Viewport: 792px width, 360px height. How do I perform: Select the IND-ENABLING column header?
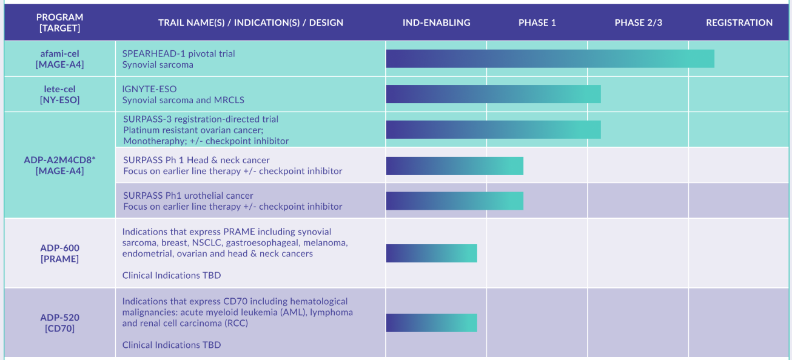point(436,22)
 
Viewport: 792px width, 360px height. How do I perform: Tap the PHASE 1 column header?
point(537,22)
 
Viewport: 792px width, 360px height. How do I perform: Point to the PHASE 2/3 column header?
point(638,22)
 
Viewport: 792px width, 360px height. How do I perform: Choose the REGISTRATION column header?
point(739,22)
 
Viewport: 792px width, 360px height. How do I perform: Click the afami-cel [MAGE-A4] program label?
point(59,59)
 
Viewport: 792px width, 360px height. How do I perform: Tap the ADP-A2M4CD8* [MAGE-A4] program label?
point(59,165)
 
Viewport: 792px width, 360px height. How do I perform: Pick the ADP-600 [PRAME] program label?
point(60,253)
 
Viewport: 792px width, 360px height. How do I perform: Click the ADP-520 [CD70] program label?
point(60,322)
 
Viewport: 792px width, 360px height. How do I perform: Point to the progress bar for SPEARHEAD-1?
point(550,59)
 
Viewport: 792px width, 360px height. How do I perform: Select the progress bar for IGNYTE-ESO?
point(493,94)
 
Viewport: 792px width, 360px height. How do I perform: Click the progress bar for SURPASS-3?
point(493,130)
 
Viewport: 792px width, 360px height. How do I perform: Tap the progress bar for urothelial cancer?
point(454,201)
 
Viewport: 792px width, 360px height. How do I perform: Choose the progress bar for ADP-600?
point(431,253)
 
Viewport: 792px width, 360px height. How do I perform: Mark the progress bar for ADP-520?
point(431,322)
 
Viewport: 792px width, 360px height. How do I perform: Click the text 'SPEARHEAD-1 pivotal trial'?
point(178,53)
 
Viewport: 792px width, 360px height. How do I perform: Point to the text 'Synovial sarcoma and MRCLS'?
point(183,100)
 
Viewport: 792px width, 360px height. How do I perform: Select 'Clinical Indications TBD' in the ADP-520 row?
point(172,345)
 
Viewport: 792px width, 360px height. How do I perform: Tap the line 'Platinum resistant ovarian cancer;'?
point(193,130)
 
